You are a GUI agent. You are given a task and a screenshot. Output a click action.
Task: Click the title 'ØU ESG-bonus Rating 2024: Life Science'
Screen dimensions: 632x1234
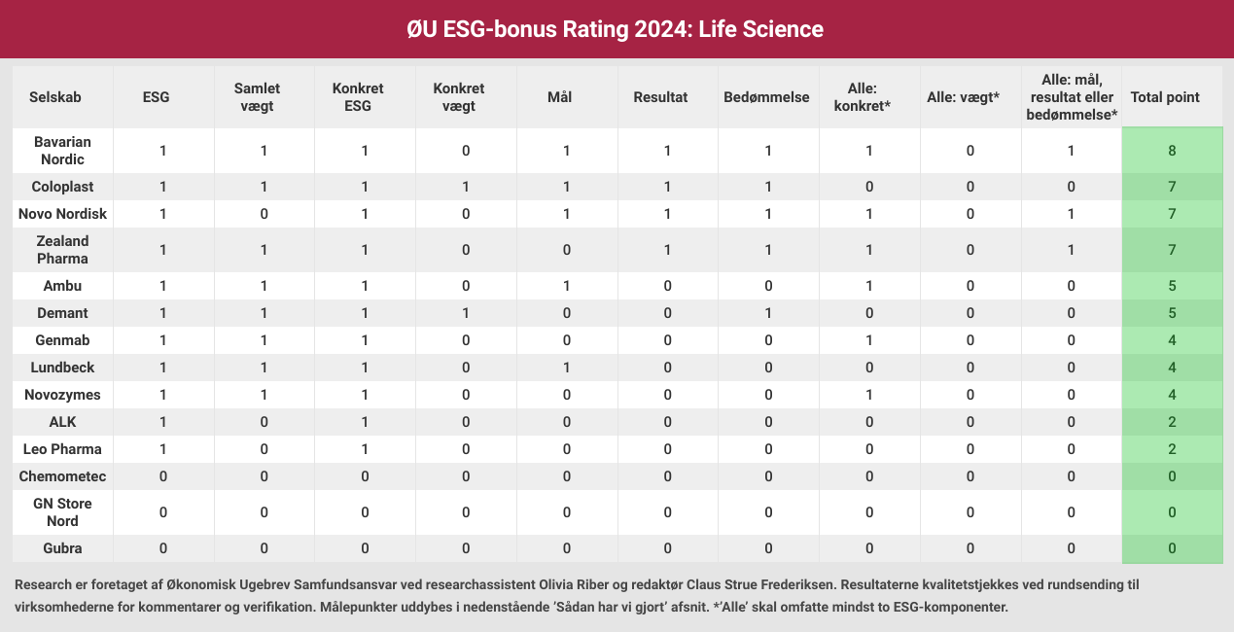617,29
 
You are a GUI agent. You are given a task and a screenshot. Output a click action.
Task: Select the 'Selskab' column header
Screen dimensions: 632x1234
54,97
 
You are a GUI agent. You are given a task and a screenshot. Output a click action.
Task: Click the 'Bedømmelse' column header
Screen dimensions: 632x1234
766,97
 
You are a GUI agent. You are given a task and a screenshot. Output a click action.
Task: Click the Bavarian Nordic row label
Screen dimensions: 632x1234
62,151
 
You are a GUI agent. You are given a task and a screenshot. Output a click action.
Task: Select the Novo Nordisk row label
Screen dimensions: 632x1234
62,213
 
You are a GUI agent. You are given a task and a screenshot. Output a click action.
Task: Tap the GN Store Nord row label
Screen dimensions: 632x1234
62,512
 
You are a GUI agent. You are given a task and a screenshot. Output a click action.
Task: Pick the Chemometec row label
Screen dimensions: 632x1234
62,476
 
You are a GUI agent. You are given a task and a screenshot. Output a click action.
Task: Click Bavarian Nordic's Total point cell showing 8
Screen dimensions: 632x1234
1173,151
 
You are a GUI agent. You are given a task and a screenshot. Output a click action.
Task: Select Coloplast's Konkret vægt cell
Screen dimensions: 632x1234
466,187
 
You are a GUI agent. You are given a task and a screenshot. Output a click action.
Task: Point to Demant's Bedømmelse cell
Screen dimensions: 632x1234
768,313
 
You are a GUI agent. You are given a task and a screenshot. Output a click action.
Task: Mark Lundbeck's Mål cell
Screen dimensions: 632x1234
566,368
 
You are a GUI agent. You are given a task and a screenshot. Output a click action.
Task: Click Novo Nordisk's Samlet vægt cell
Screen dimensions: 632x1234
264,213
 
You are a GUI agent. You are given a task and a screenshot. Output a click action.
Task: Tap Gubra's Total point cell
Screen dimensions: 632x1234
1173,548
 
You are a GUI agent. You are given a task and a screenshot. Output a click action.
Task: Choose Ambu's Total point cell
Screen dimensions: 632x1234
1173,286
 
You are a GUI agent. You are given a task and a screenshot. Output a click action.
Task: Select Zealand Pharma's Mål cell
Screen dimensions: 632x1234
566,250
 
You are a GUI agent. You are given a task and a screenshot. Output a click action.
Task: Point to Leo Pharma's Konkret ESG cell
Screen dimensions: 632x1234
365,449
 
